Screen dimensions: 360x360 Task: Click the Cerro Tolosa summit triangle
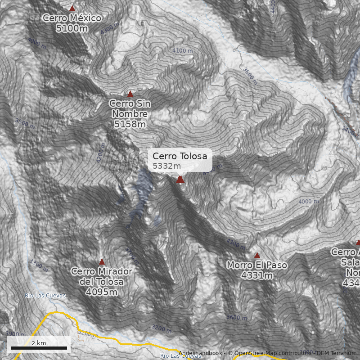pos(180,180)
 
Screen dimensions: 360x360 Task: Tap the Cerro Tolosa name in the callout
pos(180,156)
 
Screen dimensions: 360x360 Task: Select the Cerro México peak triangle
pos(72,8)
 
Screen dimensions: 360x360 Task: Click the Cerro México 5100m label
pos(72,28)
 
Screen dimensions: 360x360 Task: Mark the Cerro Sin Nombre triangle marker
pos(130,94)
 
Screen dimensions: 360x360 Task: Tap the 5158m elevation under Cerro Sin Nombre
pos(130,124)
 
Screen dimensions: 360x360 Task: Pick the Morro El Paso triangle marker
pos(257,255)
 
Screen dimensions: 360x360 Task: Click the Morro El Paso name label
pos(257,265)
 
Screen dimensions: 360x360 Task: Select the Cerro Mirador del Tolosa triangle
pos(102,261)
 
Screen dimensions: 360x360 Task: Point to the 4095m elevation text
pos(102,292)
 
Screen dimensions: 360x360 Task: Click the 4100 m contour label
pos(182,51)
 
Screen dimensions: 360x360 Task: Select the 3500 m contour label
pos(25,123)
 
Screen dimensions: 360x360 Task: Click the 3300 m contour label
pos(38,265)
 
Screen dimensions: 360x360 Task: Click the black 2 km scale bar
pos(39,348)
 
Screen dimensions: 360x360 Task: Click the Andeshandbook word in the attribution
pos(200,353)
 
